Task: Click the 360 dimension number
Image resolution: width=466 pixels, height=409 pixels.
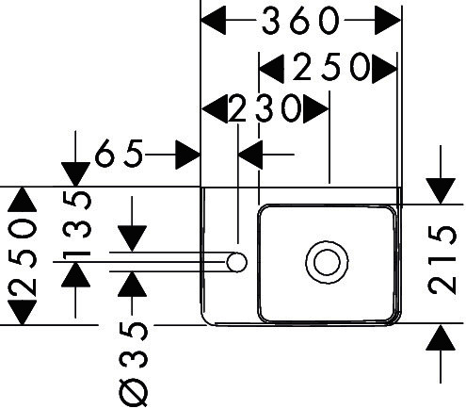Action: pyautogui.click(x=300, y=21)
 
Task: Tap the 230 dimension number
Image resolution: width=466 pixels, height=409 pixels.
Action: pyautogui.click(x=265, y=108)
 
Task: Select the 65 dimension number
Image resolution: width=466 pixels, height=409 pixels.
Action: pyautogui.click(x=120, y=154)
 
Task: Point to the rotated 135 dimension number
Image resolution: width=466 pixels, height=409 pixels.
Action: pyautogui.click(x=77, y=226)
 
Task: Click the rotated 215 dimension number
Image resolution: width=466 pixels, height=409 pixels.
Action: pyautogui.click(x=442, y=260)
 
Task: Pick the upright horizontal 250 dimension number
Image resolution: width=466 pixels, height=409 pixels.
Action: pyautogui.click(x=331, y=67)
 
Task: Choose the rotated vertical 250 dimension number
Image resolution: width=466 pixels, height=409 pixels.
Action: pyautogui.click(x=23, y=258)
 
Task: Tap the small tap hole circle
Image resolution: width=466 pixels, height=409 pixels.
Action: pyautogui.click(x=236, y=262)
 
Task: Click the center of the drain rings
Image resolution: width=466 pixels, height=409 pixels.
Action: pyautogui.click(x=327, y=262)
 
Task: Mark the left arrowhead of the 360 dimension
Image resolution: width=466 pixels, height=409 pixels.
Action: pyautogui.click(x=213, y=20)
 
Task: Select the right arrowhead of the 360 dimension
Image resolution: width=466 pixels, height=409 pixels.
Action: pyautogui.click(x=388, y=20)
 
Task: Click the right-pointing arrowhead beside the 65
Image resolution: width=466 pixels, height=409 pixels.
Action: pyautogui.click(x=188, y=155)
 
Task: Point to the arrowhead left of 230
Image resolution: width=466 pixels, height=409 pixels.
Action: pyautogui.click(x=215, y=109)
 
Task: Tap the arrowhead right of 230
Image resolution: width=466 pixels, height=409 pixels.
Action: pyautogui.click(x=315, y=109)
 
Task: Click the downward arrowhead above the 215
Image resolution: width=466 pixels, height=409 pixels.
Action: pyautogui.click(x=441, y=191)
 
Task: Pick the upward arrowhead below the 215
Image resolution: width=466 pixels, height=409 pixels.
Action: pyautogui.click(x=441, y=337)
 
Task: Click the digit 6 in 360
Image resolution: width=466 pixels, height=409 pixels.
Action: pyautogui.click(x=300, y=21)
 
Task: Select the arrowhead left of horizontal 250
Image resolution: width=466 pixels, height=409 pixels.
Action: pyautogui.click(x=271, y=69)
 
